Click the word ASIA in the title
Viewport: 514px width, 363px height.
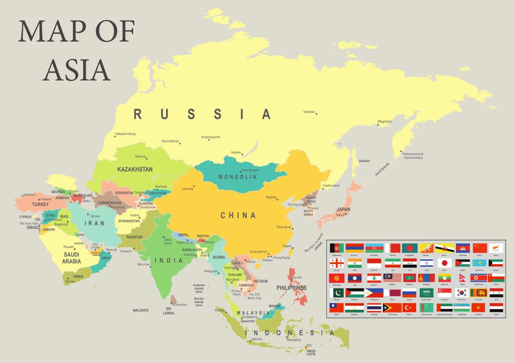tap(77, 69)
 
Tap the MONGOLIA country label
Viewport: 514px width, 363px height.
tap(238, 177)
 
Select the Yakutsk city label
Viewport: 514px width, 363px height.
tap(308, 112)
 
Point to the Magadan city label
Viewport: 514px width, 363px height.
tap(384, 122)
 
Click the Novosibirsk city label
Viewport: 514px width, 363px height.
tap(170, 141)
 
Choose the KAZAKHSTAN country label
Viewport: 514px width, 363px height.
tap(134, 170)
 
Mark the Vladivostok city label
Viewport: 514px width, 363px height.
tap(331, 185)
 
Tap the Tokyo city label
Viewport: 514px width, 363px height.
tap(341, 215)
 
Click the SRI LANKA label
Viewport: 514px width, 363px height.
tap(168, 311)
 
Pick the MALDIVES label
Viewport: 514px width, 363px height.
tap(140, 310)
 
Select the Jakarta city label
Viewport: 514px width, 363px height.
tap(257, 339)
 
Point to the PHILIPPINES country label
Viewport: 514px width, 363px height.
tap(291, 288)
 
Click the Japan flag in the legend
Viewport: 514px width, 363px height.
tap(445, 263)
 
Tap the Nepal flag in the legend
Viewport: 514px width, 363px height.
tap(462, 278)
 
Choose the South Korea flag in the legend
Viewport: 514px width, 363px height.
tap(462, 293)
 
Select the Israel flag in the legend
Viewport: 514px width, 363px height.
tap(427, 263)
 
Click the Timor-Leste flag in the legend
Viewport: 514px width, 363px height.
tap(392, 308)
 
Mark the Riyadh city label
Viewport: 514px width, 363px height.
tap(69, 247)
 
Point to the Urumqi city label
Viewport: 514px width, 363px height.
tap(188, 188)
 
